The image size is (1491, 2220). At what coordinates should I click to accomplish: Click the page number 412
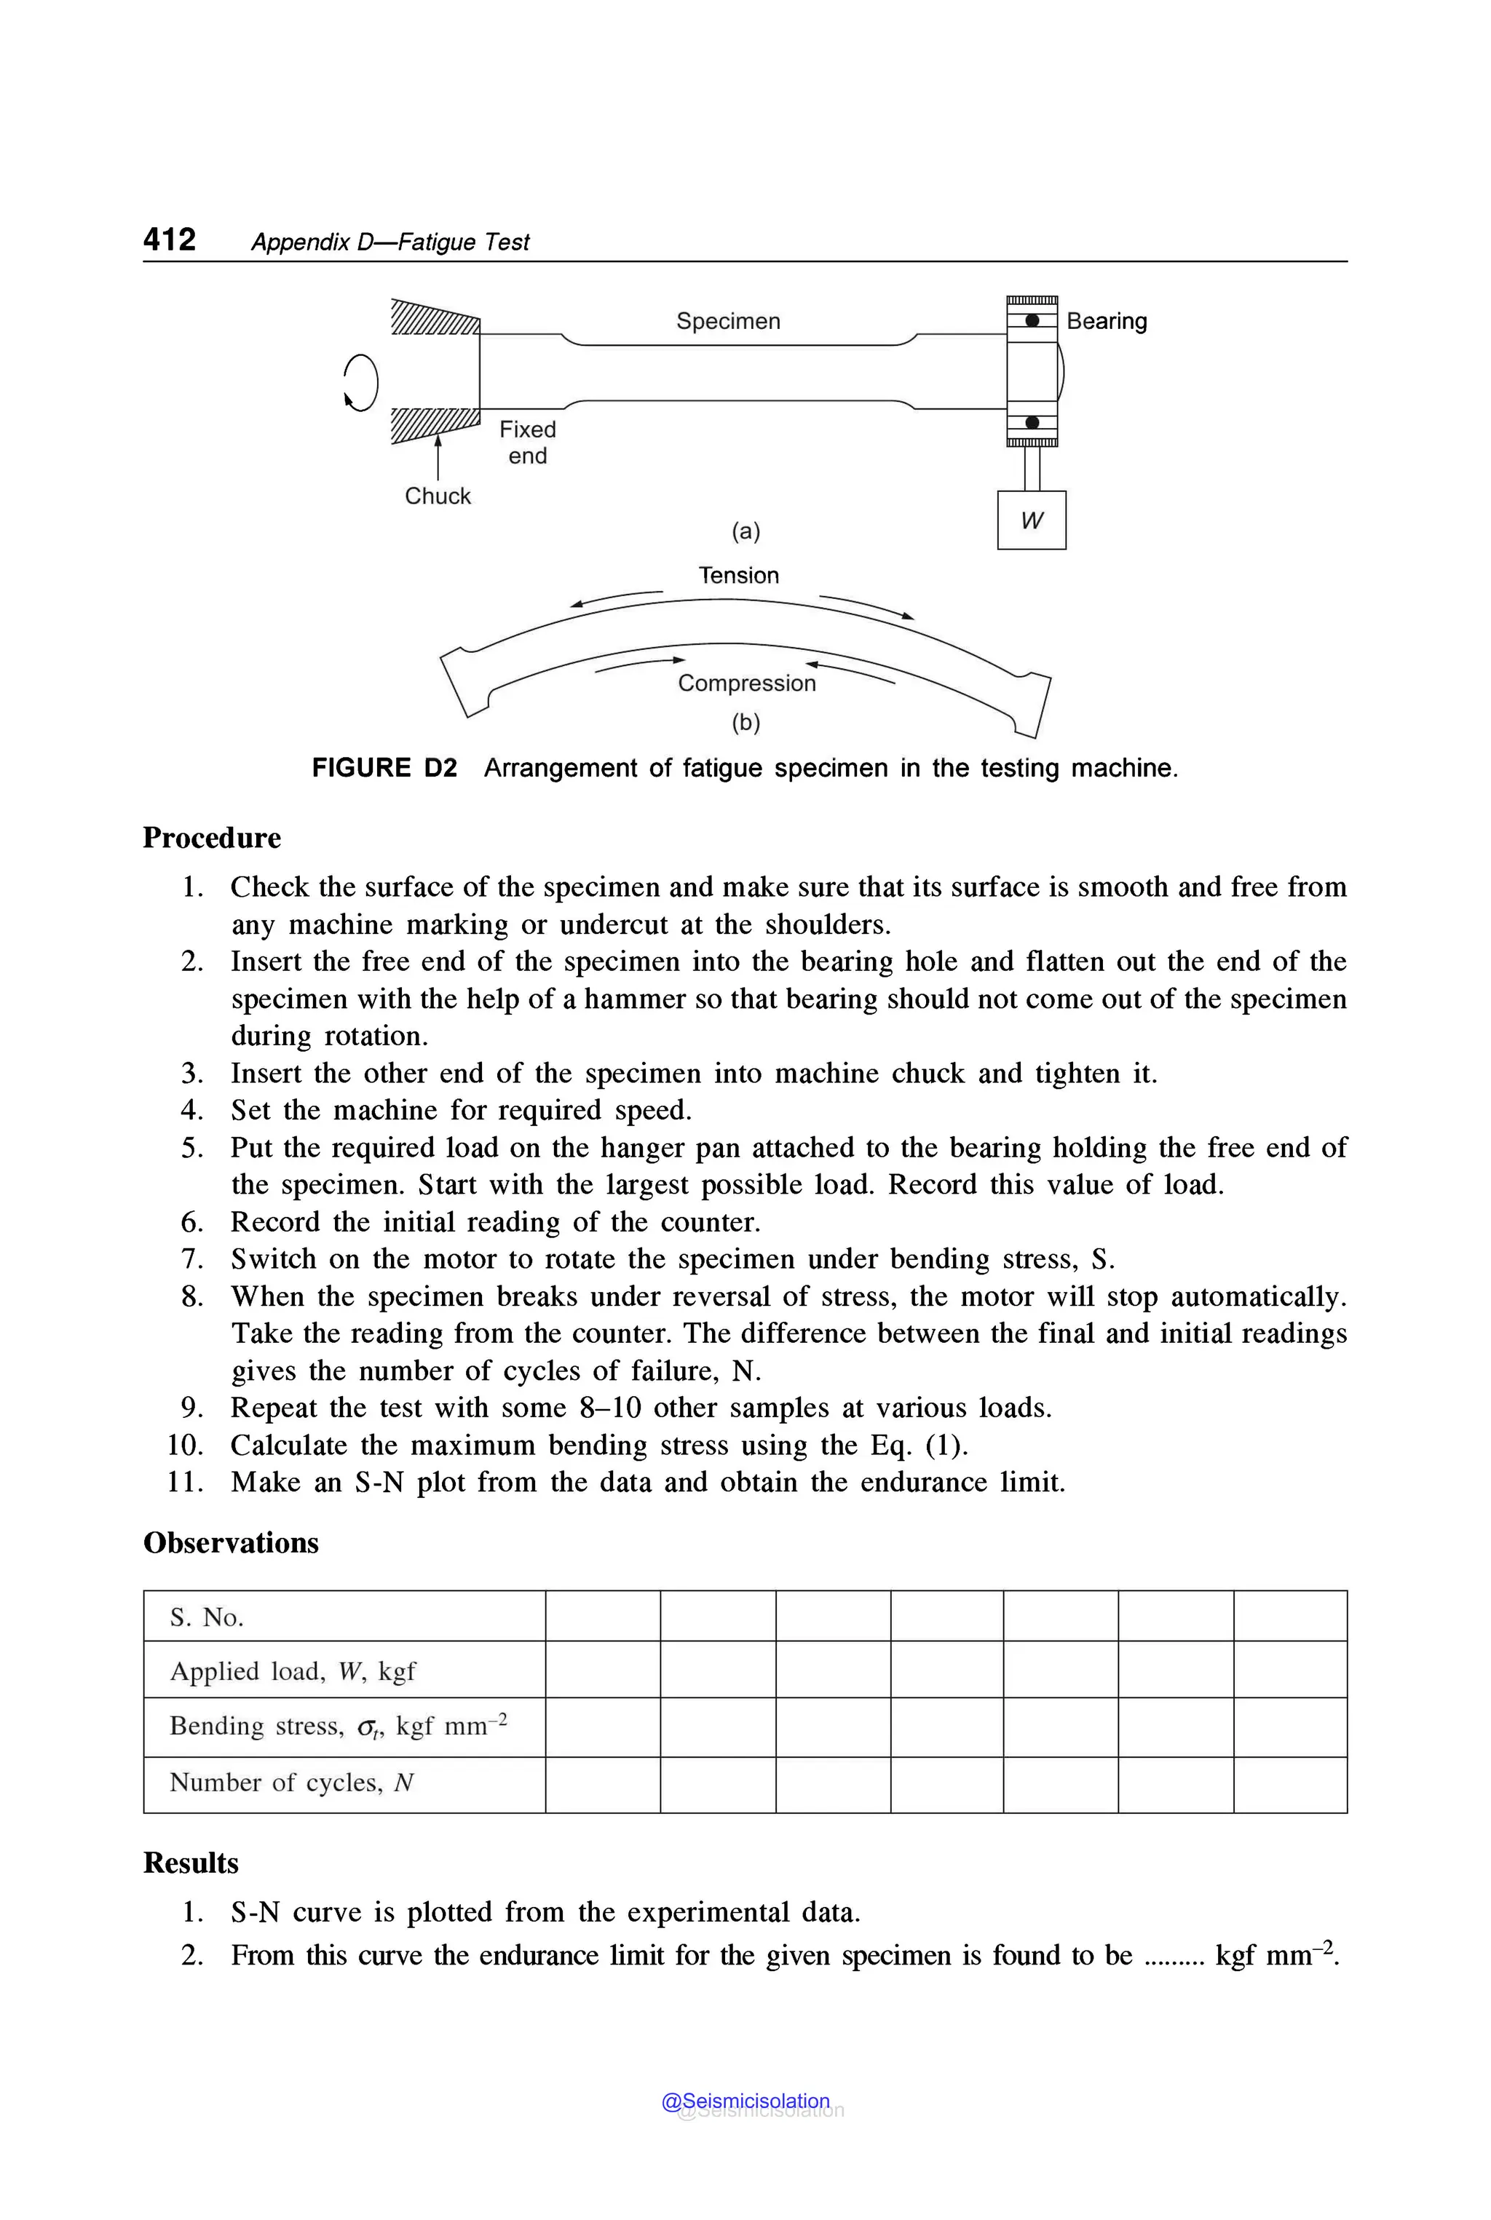click(169, 239)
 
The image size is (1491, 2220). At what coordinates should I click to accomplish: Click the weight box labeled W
click(1031, 520)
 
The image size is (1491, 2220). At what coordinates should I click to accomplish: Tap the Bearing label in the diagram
click(1106, 321)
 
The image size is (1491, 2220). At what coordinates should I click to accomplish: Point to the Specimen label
click(727, 321)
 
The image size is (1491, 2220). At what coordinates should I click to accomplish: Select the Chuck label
click(438, 496)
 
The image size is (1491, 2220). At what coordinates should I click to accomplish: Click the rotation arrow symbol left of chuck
click(360, 382)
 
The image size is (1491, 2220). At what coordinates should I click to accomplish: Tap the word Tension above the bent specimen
click(738, 575)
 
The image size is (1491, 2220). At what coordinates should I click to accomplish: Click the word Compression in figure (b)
click(746, 683)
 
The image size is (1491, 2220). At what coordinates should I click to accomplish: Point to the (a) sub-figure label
click(745, 531)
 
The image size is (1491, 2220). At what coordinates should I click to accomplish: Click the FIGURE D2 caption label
click(384, 768)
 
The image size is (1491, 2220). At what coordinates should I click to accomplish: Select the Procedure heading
click(211, 838)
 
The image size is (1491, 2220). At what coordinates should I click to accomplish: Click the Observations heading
click(230, 1543)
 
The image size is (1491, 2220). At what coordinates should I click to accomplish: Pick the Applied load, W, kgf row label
click(292, 1671)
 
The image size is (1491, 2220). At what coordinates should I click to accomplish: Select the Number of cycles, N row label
click(291, 1783)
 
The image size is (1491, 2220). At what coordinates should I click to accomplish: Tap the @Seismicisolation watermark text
click(745, 2101)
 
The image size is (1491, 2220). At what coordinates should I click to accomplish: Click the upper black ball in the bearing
click(1032, 320)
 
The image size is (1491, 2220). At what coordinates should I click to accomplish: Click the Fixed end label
click(528, 442)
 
